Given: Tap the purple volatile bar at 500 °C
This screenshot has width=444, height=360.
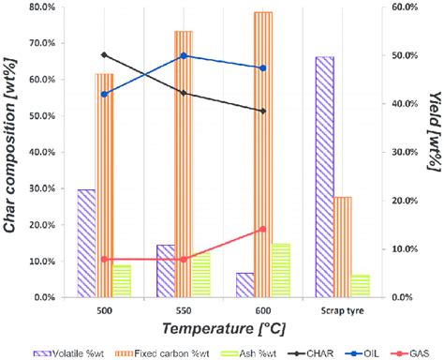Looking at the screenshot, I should [87, 243].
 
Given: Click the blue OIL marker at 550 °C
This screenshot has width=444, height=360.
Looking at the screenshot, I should [184, 55].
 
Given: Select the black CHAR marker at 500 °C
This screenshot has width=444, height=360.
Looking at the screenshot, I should [104, 55].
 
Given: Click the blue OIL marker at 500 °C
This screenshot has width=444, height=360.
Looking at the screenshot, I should [104, 94].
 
